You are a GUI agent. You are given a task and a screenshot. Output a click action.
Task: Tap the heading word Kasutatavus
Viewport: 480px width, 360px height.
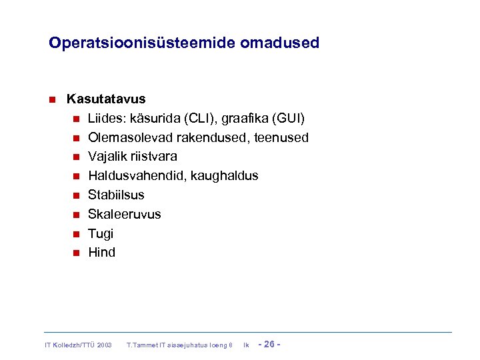(106, 99)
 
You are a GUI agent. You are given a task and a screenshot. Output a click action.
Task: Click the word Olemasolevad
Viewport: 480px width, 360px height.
(129, 138)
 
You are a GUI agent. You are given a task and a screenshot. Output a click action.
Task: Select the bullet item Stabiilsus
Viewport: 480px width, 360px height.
(116, 195)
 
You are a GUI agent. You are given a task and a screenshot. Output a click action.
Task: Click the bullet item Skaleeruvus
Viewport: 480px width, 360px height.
(124, 215)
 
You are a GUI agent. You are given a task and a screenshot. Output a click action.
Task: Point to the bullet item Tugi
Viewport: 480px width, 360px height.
(101, 234)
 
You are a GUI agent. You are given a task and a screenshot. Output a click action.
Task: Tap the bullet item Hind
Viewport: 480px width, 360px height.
(101, 253)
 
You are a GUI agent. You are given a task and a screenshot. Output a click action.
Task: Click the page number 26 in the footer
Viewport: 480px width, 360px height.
(270, 344)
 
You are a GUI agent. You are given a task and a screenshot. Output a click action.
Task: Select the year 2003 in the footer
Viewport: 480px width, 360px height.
(103, 345)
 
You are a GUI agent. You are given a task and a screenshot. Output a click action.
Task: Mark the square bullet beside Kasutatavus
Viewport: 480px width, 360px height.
(51, 100)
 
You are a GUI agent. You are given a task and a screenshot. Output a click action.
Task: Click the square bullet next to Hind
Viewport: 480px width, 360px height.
(76, 253)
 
